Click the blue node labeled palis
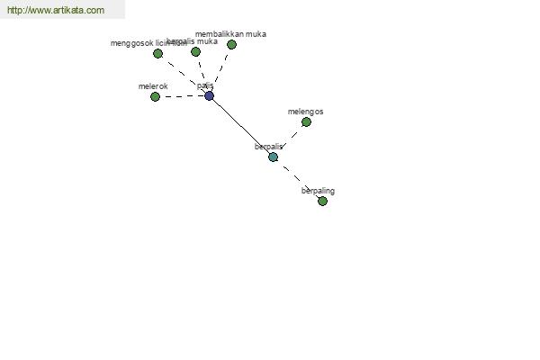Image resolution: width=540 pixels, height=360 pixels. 209,95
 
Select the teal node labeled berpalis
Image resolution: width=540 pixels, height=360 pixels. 273,157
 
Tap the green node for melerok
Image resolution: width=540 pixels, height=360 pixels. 155,96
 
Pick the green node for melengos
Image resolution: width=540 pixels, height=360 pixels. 306,121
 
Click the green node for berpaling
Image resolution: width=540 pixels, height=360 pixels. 322,201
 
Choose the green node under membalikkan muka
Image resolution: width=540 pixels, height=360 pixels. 231,44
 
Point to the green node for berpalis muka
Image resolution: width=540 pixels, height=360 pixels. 195,51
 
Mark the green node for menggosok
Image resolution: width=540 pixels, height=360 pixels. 157,53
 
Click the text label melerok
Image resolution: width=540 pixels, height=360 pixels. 153,86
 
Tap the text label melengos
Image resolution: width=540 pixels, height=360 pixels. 305,112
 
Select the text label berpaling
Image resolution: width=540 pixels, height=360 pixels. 318,191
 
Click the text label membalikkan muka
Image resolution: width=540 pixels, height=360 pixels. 230,34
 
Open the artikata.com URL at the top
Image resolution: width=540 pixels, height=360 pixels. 56,11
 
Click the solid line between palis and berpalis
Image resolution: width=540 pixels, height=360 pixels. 240,126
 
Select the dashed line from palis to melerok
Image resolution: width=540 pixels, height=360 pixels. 182,96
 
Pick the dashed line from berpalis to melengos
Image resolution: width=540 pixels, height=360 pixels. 290,139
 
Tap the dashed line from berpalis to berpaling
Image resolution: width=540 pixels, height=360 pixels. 298,179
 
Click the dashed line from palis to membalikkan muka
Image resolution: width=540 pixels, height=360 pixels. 220,69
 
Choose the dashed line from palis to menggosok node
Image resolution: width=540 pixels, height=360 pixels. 184,75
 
